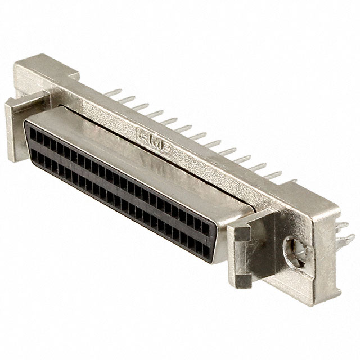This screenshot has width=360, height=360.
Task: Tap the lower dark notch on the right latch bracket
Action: point(243,277)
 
